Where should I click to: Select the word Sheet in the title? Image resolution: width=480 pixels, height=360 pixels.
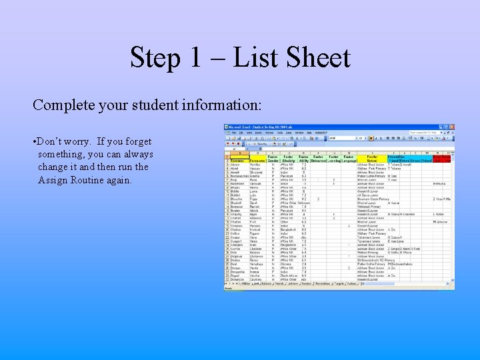click(x=316, y=58)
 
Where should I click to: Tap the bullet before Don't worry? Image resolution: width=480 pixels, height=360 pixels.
click(x=34, y=142)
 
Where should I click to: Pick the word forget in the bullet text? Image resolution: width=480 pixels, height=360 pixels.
click(x=137, y=142)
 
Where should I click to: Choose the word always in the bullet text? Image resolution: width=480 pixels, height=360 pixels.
click(x=136, y=155)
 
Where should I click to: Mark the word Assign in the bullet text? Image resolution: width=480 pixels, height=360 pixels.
click(x=53, y=180)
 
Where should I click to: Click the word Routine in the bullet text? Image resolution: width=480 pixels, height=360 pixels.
click(x=90, y=180)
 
